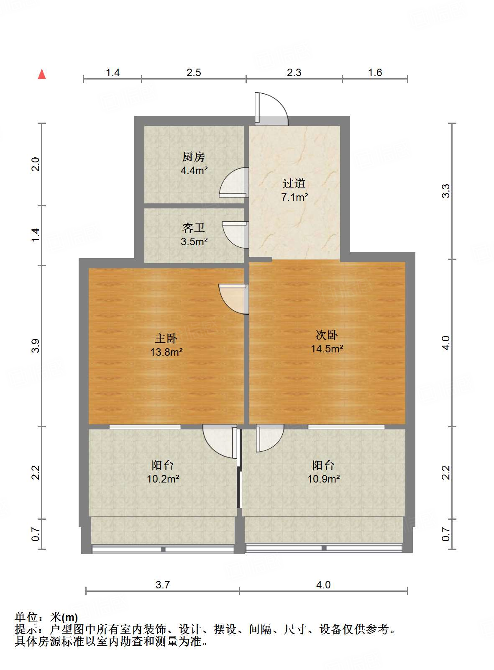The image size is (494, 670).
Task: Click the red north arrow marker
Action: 42,74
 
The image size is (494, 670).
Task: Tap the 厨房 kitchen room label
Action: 194,157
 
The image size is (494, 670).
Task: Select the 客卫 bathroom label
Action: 194,228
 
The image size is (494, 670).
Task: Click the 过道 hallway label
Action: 294,183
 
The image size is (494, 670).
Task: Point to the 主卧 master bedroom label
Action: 166,338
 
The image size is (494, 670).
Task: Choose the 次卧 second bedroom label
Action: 327,335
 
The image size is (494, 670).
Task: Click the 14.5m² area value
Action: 327,349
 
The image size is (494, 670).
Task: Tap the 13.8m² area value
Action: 166,352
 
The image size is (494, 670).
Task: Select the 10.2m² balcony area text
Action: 163,479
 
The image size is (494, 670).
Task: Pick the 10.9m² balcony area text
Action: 323,479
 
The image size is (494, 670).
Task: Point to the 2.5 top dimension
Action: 194,73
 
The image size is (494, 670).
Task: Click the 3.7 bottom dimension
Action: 163,585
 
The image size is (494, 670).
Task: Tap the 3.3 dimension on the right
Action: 446,191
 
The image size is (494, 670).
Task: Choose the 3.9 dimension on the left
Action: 36,346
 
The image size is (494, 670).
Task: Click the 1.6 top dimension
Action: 375,73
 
